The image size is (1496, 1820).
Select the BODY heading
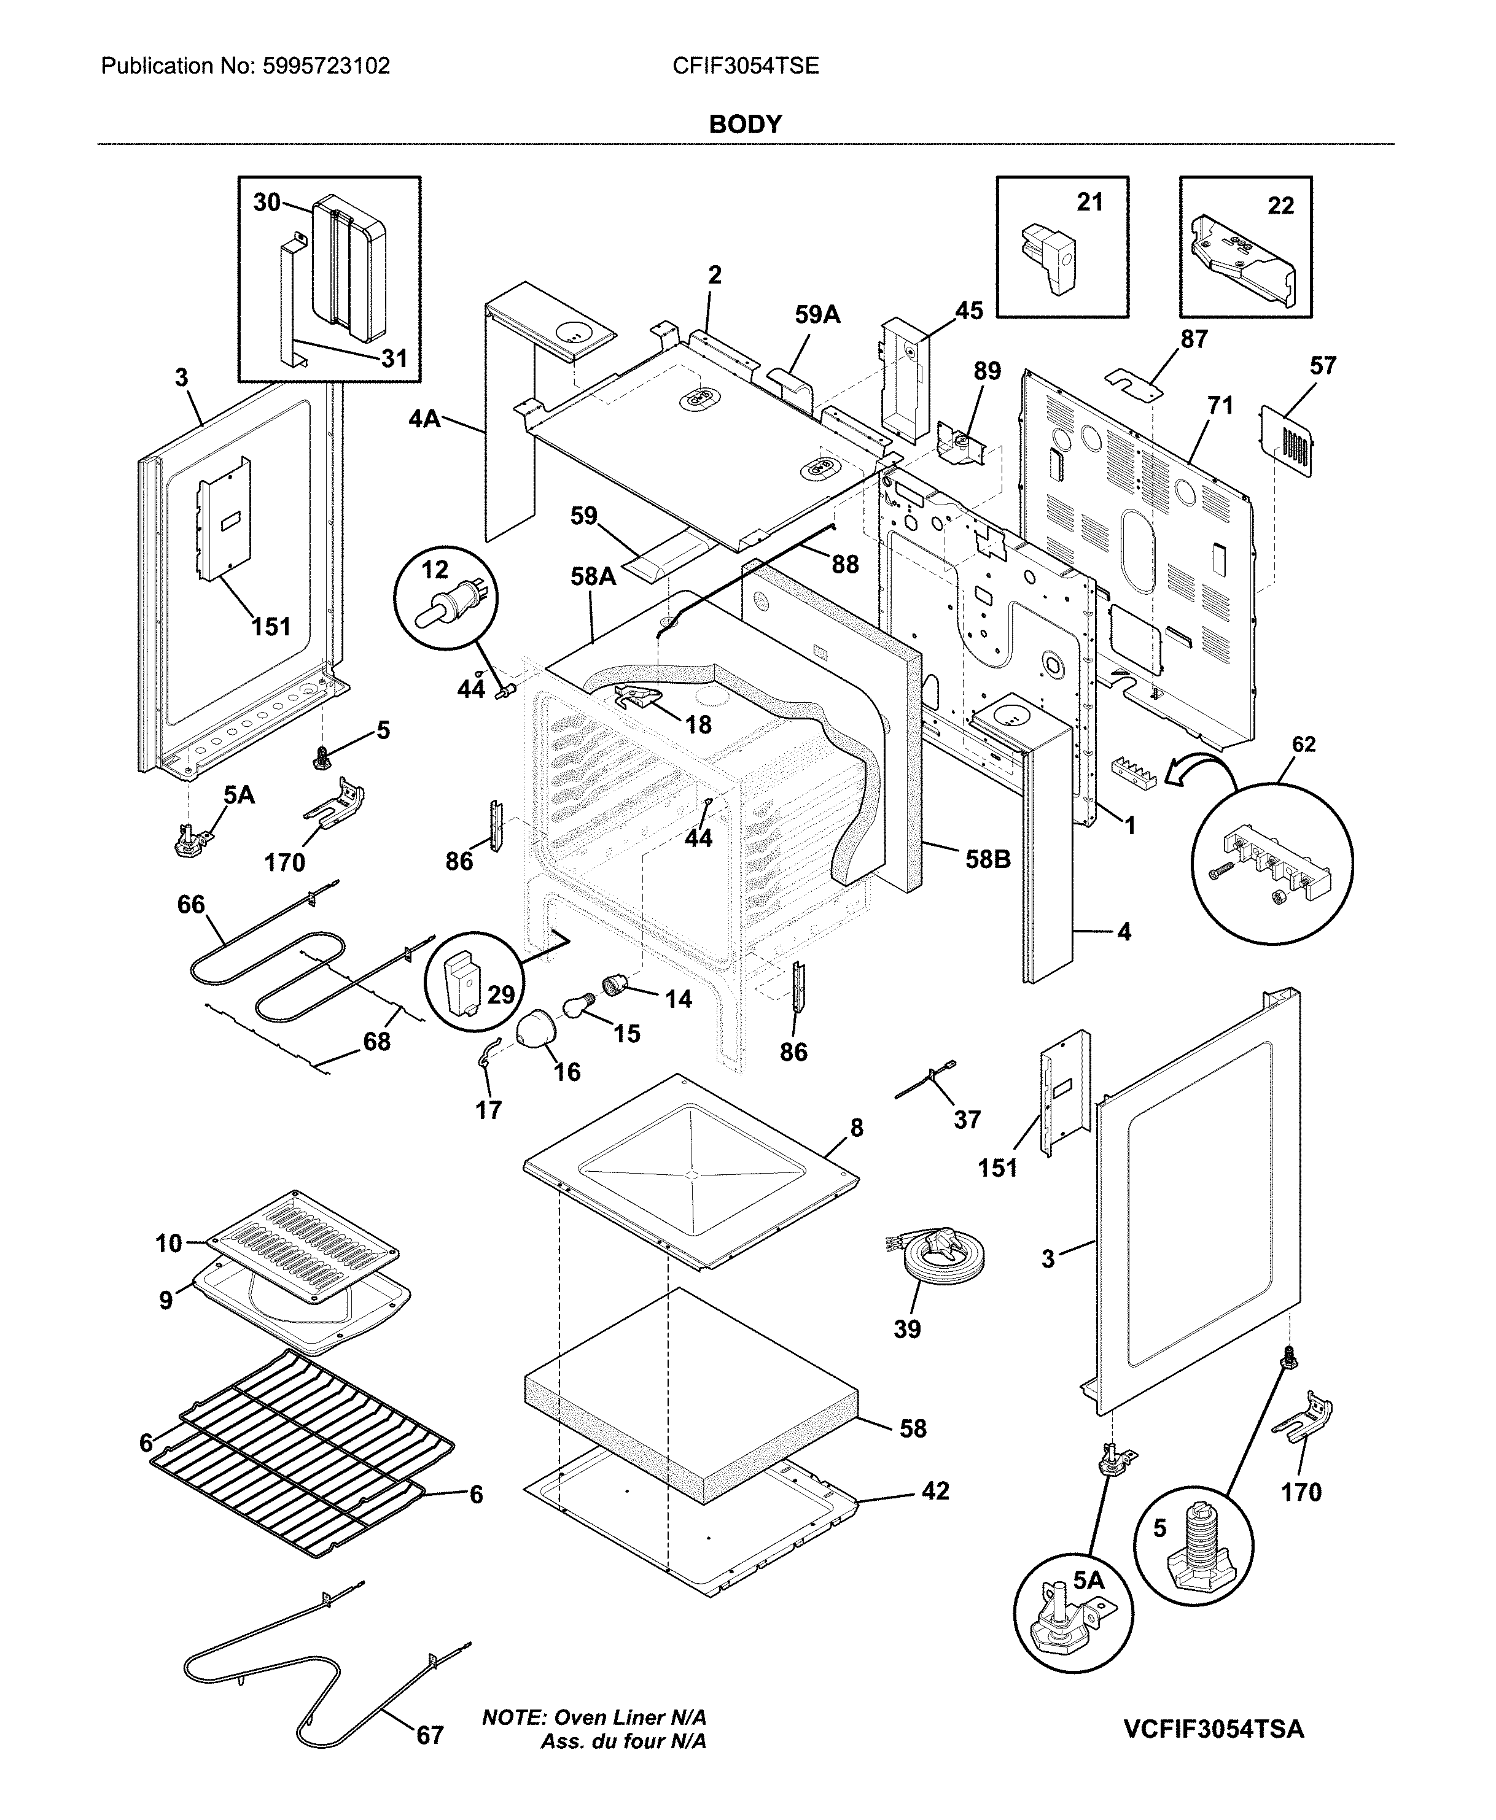[x=746, y=125]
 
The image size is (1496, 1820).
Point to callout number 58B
[x=988, y=859]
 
